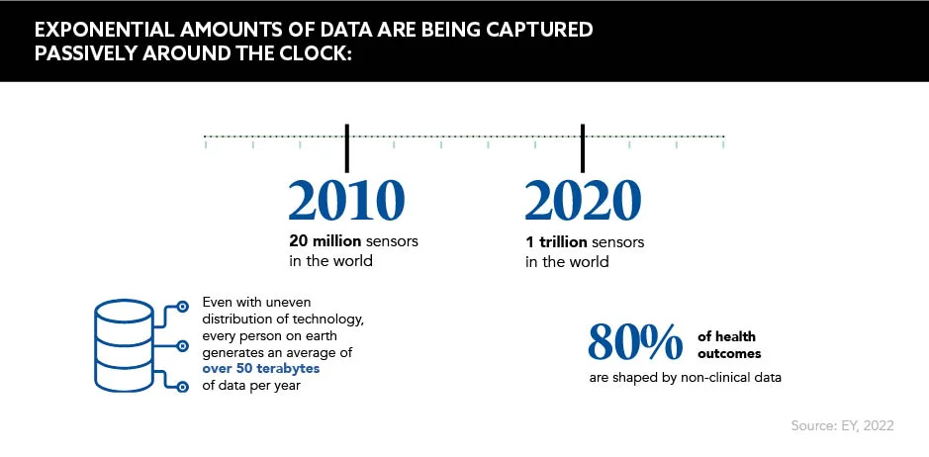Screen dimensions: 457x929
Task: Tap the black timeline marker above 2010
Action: pos(346,146)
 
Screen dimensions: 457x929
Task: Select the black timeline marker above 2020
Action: pos(583,146)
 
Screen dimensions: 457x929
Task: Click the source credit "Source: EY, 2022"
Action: pos(842,425)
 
